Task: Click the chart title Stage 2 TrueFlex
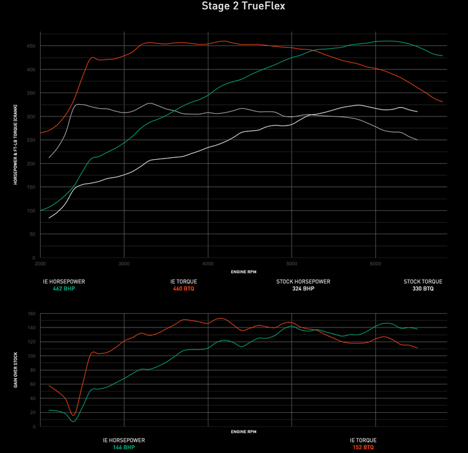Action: (234, 6)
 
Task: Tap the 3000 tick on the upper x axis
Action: (124, 264)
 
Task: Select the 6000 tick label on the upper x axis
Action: (375, 264)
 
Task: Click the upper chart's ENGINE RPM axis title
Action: (243, 272)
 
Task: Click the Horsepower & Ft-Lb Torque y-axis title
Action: (15, 145)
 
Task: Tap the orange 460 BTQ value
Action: (183, 289)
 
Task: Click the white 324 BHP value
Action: (303, 289)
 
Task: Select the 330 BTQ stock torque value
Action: (423, 289)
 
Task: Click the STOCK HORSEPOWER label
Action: (303, 282)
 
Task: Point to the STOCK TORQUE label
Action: (423, 282)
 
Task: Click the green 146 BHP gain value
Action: (124, 447)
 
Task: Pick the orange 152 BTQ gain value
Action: (362, 447)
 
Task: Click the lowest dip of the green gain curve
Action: (74, 421)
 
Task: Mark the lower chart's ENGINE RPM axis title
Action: (243, 432)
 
